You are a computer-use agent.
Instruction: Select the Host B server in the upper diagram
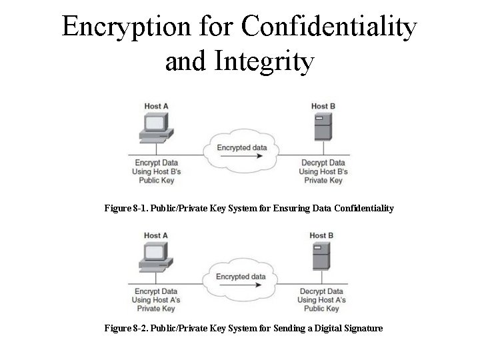(323, 129)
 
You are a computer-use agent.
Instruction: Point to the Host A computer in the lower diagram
(155, 257)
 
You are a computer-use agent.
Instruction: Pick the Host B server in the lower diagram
(321, 258)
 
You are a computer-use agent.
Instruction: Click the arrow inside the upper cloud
(241, 156)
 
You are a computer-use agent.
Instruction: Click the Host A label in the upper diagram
(156, 106)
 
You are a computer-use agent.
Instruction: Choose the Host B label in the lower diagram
(321, 235)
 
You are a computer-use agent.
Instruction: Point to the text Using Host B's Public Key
(157, 176)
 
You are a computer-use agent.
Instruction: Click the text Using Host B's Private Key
(323, 176)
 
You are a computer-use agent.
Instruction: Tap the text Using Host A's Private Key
(156, 305)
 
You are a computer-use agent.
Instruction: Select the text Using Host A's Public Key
(322, 305)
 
